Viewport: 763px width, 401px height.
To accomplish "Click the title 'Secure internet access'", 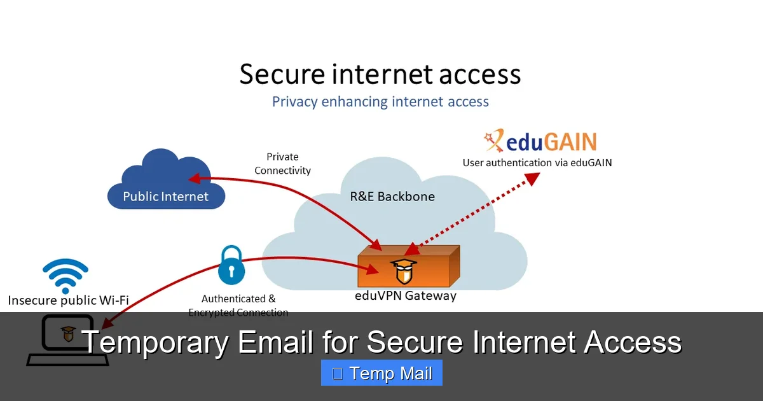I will point(380,74).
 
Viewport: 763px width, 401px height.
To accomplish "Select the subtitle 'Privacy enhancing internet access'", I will point(380,102).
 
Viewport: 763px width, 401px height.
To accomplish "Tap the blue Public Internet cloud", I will point(166,185).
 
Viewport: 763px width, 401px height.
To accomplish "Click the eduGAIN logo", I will point(540,141).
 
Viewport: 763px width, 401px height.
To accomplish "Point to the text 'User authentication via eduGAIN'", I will point(537,163).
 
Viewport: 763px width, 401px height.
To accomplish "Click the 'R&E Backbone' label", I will point(392,196).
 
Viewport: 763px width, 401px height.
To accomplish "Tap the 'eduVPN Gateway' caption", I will point(405,295).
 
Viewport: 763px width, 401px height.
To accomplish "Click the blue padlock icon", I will point(231,266).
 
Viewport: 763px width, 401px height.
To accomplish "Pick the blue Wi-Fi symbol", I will point(65,275).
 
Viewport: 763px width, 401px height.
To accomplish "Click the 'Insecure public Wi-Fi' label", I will point(68,300).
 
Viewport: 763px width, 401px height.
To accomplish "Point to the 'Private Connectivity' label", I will point(282,164).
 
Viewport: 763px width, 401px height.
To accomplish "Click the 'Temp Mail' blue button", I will point(381,373).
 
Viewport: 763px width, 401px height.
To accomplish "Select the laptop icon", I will point(67,341).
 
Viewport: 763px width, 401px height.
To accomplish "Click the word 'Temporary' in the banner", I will point(155,342).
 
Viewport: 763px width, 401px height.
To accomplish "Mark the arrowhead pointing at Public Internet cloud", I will point(194,178).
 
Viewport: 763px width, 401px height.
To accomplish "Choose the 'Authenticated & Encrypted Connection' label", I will point(238,306).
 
